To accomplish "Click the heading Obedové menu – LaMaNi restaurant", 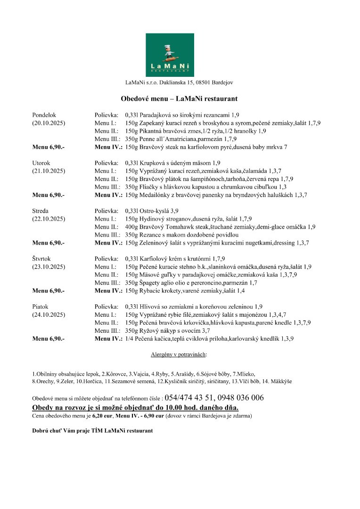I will tap(179, 99).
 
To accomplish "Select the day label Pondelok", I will tap(44, 115).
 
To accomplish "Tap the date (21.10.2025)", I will tap(49, 171).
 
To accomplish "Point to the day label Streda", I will tap(41, 211).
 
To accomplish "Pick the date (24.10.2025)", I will tap(49, 314).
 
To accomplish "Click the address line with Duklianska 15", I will tap(179, 82).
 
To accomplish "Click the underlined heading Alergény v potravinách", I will tap(179, 353).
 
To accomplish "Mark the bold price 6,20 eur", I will tap(102, 416).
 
